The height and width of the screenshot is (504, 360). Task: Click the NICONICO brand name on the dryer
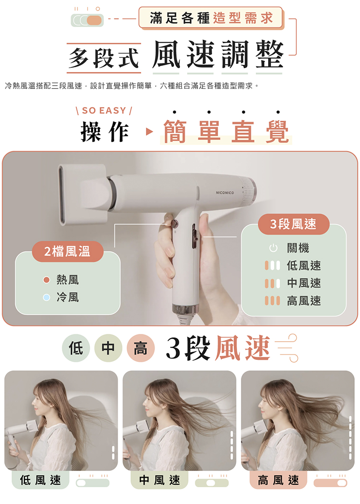(225, 193)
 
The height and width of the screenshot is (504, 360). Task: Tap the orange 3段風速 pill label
(294, 224)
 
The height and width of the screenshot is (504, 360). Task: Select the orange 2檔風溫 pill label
(67, 251)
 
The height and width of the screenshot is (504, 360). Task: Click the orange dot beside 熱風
(47, 280)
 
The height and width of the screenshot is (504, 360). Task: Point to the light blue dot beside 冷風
(47, 297)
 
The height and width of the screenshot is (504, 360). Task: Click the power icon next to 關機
(273, 248)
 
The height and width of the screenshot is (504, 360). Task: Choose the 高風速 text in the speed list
(304, 301)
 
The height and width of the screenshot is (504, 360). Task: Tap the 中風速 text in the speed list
(304, 283)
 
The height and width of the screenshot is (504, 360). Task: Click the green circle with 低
(76, 348)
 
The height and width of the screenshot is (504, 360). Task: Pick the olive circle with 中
(108, 348)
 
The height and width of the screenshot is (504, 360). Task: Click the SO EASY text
(104, 111)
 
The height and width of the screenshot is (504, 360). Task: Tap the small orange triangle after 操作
(149, 132)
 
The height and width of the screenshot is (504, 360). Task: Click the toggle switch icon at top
(87, 20)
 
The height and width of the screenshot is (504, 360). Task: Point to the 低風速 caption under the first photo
(40, 480)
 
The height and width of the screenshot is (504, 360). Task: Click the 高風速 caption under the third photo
(278, 480)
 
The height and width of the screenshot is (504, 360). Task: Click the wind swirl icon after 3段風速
(288, 348)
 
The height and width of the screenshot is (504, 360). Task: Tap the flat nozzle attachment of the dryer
(84, 195)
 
